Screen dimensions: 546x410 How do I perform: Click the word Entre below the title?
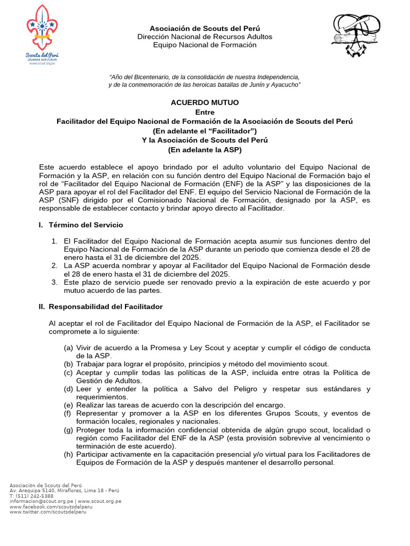pos(204,112)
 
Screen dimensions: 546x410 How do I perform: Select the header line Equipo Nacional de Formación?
pos(204,45)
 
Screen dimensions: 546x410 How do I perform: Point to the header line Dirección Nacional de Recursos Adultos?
pos(204,37)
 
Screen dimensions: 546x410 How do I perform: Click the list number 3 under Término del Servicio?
pos(54,282)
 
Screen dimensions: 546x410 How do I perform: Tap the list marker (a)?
pos(68,348)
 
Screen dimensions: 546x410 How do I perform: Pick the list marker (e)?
pos(68,405)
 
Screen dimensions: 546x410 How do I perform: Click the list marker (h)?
pos(68,454)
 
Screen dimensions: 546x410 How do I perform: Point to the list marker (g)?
pos(68,430)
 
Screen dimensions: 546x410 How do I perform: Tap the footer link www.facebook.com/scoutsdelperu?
pos(48,507)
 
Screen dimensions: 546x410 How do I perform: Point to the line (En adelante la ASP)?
pos(204,150)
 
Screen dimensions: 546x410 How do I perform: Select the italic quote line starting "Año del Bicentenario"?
pos(204,77)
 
